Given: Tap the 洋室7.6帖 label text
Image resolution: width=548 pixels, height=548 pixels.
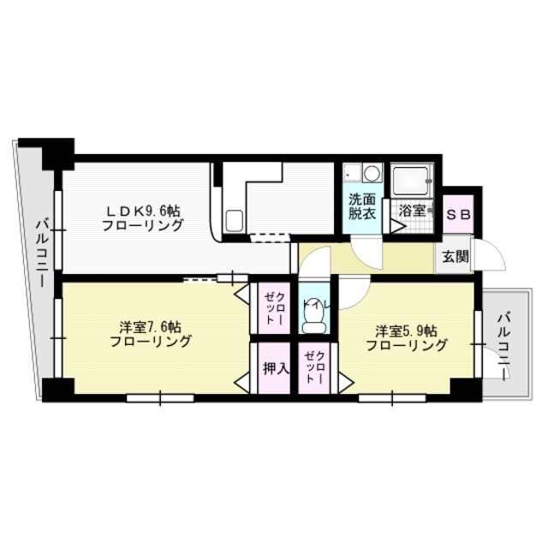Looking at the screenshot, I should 150,327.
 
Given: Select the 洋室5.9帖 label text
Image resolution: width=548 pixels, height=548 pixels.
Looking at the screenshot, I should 406,330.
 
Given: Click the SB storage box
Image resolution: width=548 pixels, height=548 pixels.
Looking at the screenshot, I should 458,215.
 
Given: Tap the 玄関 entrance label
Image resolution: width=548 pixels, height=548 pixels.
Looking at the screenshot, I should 455,256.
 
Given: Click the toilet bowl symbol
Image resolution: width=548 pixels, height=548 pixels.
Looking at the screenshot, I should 314,319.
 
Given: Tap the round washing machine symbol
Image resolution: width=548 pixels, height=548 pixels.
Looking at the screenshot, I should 371,173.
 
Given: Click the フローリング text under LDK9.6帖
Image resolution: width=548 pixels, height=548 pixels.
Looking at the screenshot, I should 143,226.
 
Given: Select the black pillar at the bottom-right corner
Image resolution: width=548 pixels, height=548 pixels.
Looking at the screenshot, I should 464,387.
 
